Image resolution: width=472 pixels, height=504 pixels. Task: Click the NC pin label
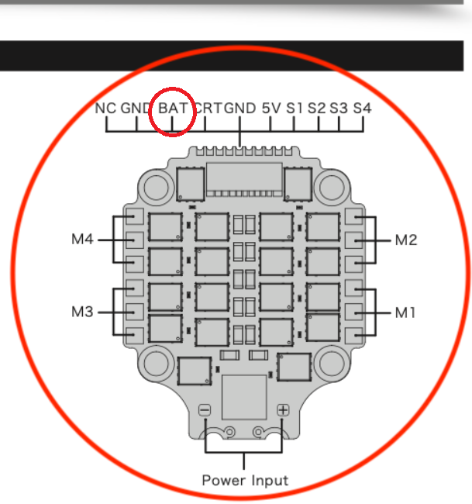point(105,109)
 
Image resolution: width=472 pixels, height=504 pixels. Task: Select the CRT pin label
point(208,109)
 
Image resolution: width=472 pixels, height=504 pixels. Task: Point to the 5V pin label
point(270,109)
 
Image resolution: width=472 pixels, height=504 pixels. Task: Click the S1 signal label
point(294,109)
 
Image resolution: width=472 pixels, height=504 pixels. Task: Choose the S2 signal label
point(316,109)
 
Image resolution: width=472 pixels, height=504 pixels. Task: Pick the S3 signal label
point(339,109)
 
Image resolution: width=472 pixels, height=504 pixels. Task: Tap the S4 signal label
point(362,109)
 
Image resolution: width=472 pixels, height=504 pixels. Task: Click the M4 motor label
point(83,240)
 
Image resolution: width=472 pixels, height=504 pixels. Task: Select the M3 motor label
point(83,312)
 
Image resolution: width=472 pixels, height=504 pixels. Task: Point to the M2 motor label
point(406,240)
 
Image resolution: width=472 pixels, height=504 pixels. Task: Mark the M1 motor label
point(406,312)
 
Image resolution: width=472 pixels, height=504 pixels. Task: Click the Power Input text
point(245,481)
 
